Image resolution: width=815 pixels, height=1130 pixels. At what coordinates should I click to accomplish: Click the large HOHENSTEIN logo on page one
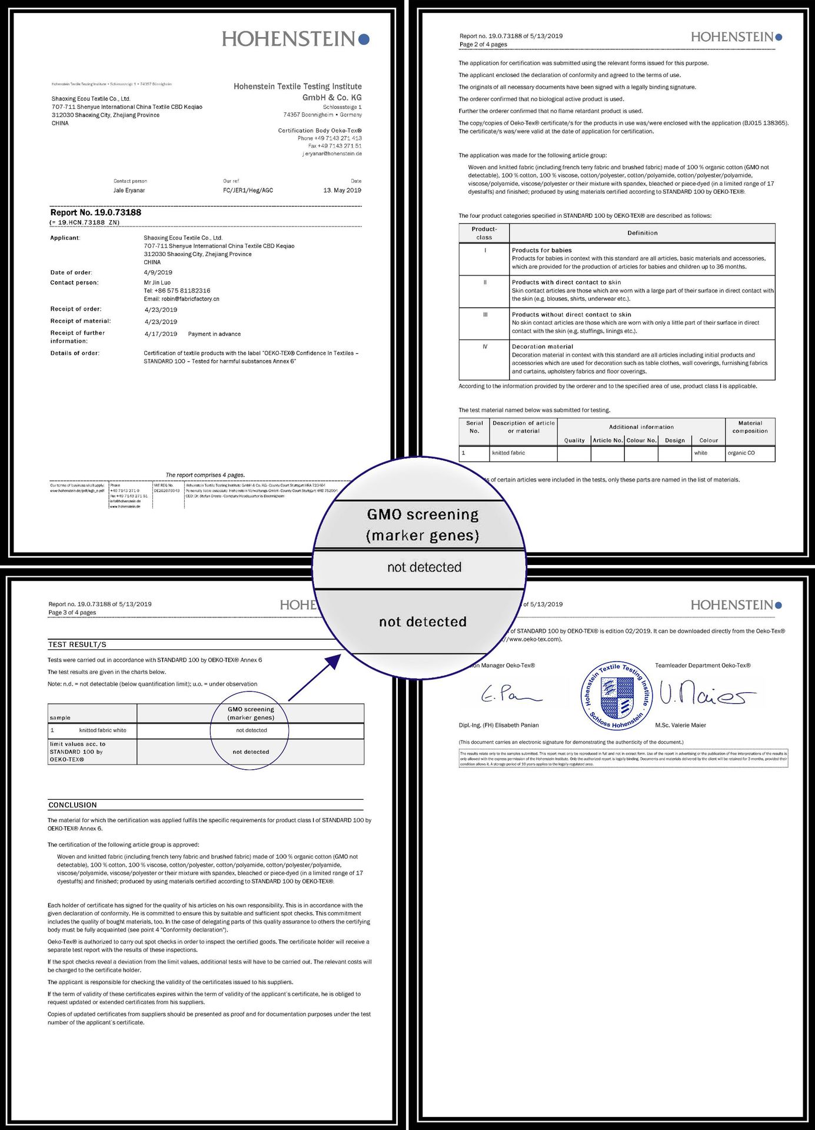(x=295, y=39)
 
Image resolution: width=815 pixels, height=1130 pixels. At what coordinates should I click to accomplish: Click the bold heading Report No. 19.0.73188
(x=95, y=212)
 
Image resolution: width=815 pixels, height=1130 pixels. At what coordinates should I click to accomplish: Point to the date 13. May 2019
(x=342, y=190)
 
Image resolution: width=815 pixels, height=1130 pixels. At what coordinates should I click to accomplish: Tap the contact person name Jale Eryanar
(x=129, y=190)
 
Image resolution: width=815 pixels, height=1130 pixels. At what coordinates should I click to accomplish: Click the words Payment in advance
(x=214, y=334)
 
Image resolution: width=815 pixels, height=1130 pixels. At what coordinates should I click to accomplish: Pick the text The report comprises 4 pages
(x=205, y=475)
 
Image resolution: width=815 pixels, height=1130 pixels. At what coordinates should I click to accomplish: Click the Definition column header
(x=642, y=233)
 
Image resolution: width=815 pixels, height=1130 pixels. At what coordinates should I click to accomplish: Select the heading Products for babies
(x=541, y=250)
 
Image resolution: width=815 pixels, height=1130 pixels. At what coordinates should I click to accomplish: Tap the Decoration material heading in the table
(x=542, y=347)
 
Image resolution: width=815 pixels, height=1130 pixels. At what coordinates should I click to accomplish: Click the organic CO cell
(x=741, y=453)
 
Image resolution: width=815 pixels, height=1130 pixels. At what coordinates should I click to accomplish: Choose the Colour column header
(x=708, y=440)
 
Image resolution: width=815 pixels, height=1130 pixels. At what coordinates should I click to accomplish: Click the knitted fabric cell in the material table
(x=508, y=453)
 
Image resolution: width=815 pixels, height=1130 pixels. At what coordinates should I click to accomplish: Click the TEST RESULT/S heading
(x=77, y=644)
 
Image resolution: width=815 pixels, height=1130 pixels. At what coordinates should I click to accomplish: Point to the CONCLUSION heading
(x=72, y=805)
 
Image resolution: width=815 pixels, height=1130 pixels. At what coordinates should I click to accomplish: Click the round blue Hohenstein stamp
(x=616, y=695)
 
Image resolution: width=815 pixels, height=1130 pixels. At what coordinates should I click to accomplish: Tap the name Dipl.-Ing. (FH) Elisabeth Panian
(x=498, y=725)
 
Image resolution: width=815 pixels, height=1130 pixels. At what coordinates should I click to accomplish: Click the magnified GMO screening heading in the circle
(x=423, y=524)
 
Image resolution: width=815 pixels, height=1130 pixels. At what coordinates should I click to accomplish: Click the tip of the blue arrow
(x=340, y=655)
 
